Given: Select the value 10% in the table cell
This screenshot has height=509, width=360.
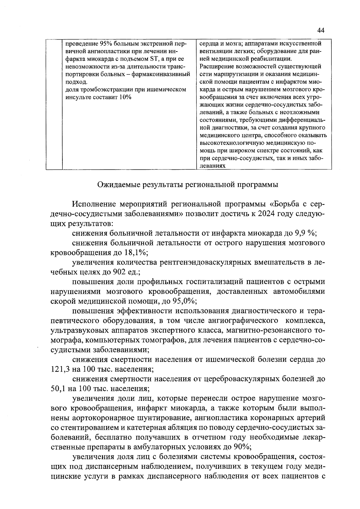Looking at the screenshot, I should click(x=124, y=97).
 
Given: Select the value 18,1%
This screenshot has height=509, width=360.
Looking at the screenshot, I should click(x=135, y=253).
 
